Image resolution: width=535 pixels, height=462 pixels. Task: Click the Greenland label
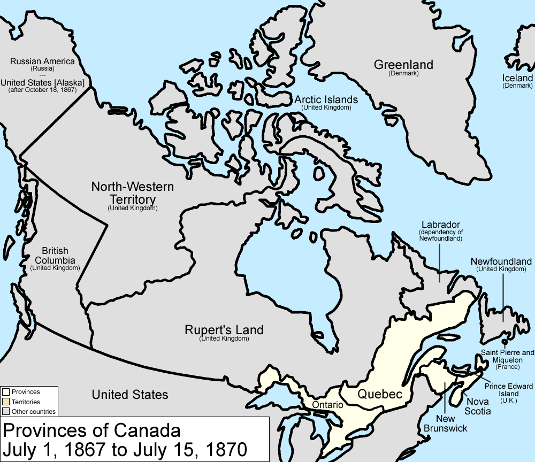(403, 65)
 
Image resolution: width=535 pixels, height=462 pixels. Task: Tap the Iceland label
(517, 79)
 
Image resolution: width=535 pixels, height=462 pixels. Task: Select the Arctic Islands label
(326, 99)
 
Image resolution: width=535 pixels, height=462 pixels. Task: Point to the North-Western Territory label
(132, 192)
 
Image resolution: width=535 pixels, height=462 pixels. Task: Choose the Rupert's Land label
(224, 330)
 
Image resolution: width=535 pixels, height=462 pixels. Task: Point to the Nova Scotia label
(478, 406)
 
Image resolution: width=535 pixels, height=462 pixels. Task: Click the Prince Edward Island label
(509, 389)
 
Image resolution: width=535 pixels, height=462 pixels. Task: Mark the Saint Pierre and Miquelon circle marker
(505, 341)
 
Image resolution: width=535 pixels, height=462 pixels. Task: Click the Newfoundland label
(501, 261)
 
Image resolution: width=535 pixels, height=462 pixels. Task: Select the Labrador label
(440, 225)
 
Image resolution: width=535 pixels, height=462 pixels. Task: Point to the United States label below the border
(130, 395)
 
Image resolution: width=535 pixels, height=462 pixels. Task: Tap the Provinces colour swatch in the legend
(6, 392)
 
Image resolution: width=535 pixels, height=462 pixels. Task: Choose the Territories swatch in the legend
(6, 402)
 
